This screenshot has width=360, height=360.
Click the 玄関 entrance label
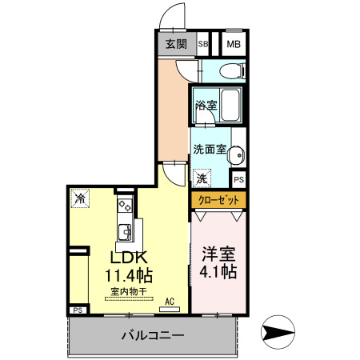pyautogui.click(x=176, y=45)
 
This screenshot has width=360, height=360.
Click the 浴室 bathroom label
pyautogui.click(x=204, y=103)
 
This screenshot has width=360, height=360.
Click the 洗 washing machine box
pyautogui.click(x=202, y=178)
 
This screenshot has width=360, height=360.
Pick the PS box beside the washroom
pyautogui.click(x=238, y=180)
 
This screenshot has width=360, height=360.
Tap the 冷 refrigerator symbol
pyautogui.click(x=80, y=198)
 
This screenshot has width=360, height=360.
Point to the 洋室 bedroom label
pyautogui.click(x=218, y=254)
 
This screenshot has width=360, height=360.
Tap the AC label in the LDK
pyautogui.click(x=169, y=302)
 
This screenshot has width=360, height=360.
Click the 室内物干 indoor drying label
pyautogui.click(x=126, y=291)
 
